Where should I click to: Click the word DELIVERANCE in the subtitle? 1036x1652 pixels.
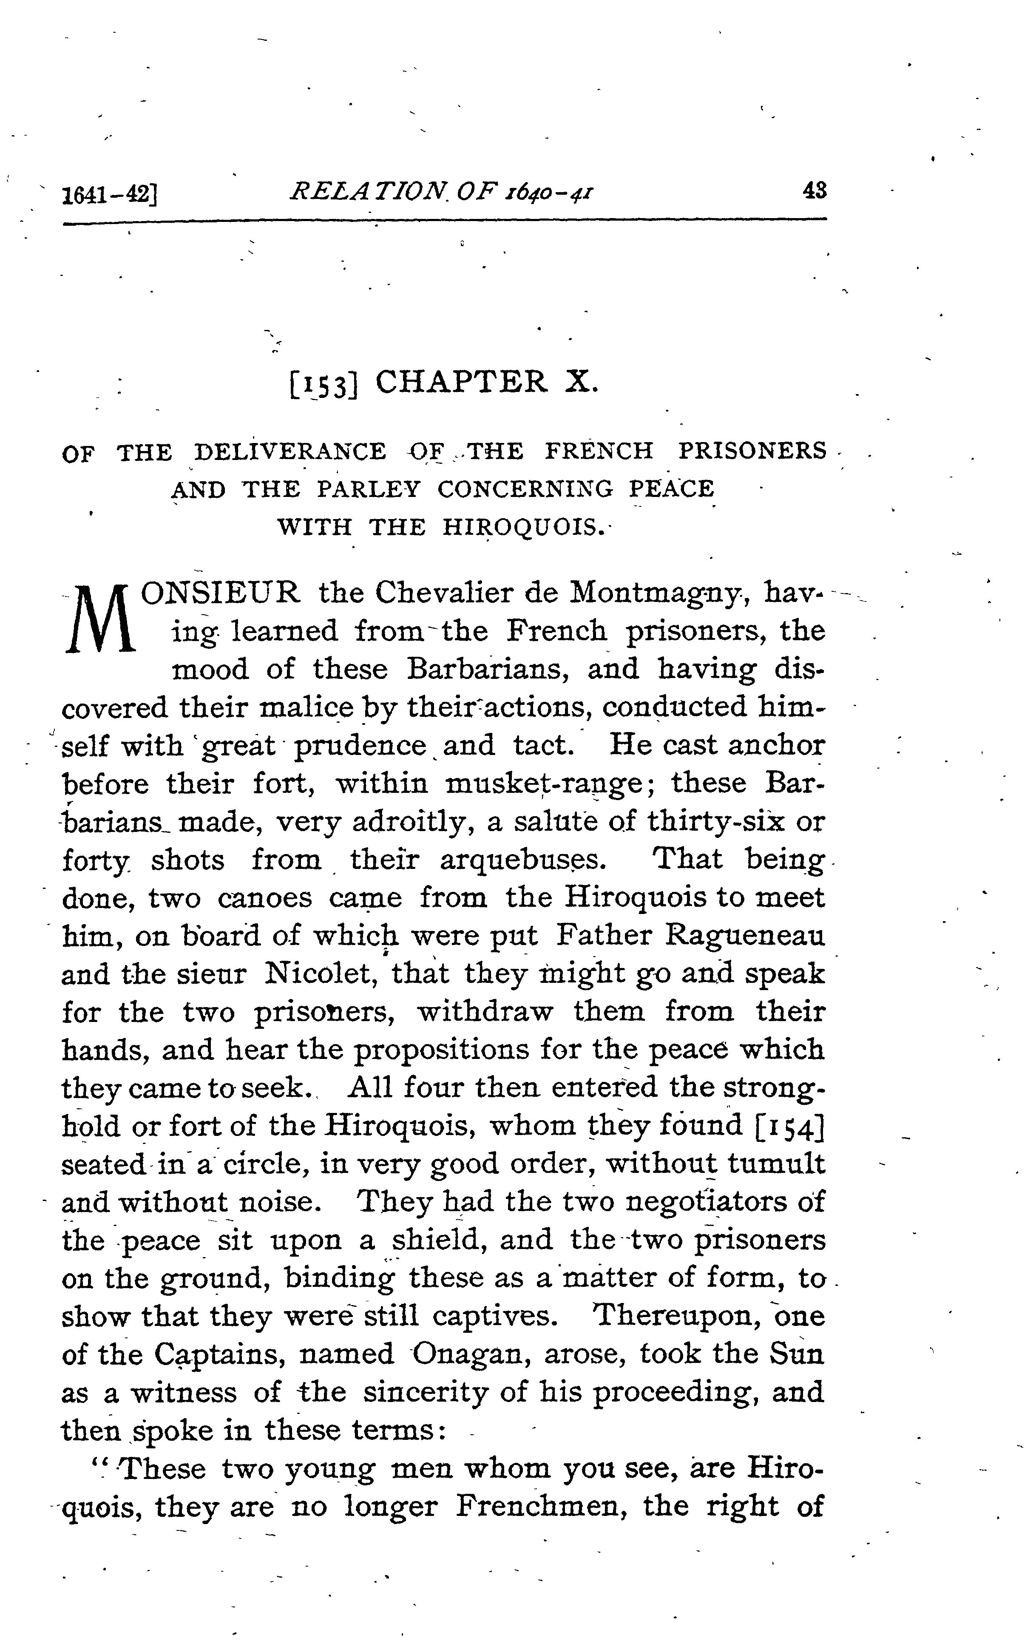[x=290, y=452]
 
